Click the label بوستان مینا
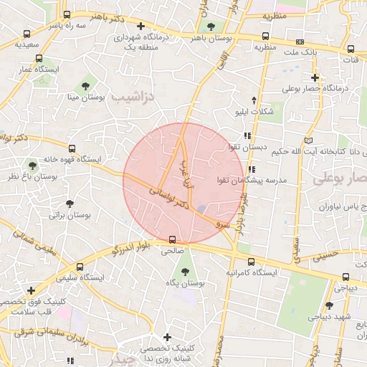[x=87, y=95]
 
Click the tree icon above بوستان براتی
[x=69, y=204]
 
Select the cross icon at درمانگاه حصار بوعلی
[x=315, y=77]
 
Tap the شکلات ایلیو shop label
[x=254, y=112]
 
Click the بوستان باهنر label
[x=199, y=37]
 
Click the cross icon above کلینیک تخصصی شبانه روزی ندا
[x=167, y=337]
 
